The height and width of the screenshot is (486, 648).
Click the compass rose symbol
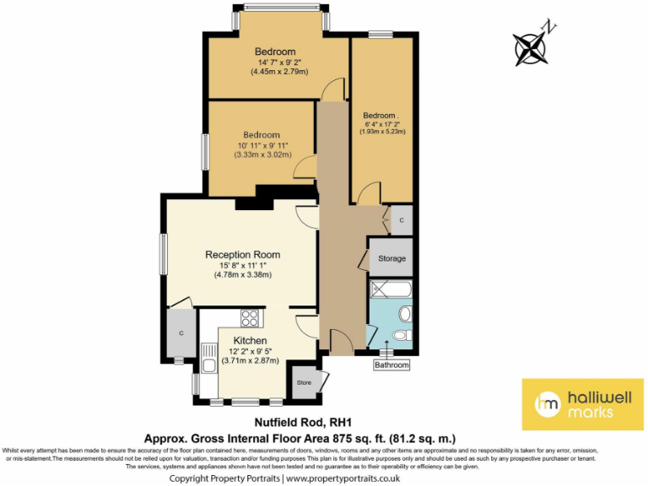(x=532, y=46)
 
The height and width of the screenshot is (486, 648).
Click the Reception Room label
(x=243, y=254)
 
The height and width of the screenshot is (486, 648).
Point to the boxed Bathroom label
(x=392, y=365)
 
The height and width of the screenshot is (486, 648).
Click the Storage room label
(x=391, y=258)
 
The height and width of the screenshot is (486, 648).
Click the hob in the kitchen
(x=250, y=318)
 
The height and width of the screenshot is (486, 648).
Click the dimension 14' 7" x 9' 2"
(x=278, y=62)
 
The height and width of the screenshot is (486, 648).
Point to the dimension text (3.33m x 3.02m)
(x=263, y=155)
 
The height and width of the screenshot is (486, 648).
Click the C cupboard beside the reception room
(x=181, y=333)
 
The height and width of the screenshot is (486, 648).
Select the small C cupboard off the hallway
(x=401, y=220)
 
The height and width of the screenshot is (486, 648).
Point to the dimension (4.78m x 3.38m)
(x=243, y=274)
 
